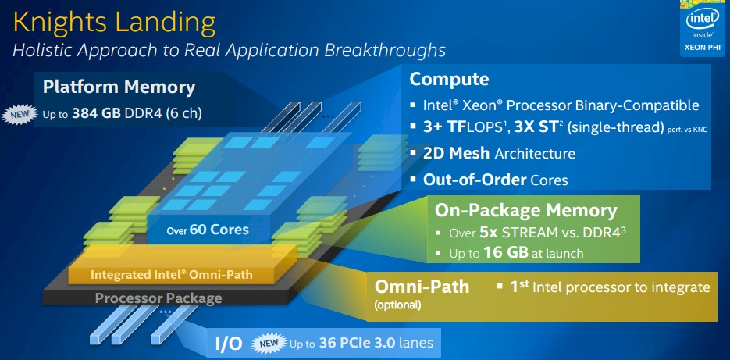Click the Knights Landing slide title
pos(115,23)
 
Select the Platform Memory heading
pos(119,87)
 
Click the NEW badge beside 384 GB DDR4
pos(20,115)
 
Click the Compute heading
pos(449,79)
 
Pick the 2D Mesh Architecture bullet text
pos(499,153)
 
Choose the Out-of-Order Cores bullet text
pos(495,180)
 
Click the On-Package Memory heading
pos(525,211)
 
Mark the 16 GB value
pos(506,253)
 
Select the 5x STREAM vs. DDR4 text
pos(552,233)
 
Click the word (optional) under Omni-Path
pos(397,305)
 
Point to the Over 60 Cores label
pos(208,230)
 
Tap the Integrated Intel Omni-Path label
pos(171,274)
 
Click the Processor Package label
pos(158,298)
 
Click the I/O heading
pos(229,344)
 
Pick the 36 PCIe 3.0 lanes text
pos(376,344)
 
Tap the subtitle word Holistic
pos(42,49)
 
